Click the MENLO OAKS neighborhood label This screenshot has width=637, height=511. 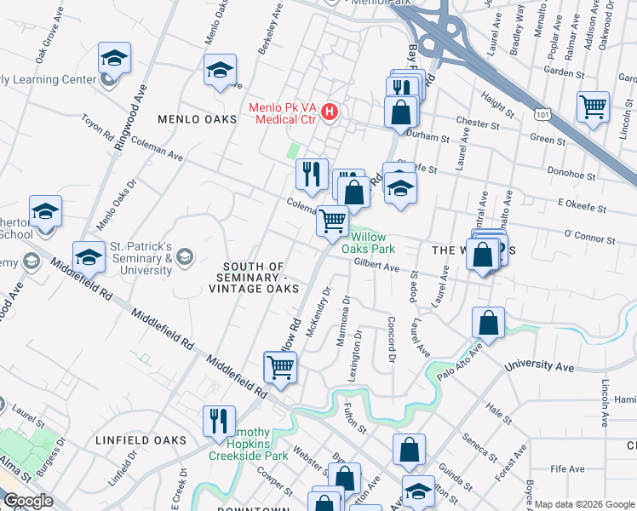pos(197,119)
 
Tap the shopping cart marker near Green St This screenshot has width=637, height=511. pos(593,107)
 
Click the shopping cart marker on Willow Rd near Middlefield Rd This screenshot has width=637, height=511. pos(280,369)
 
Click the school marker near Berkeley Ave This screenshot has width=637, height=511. pos(220,71)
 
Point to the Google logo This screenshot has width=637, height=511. pos(27,501)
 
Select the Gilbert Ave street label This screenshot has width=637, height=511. pos(376,267)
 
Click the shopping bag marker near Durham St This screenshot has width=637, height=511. pos(400,111)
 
